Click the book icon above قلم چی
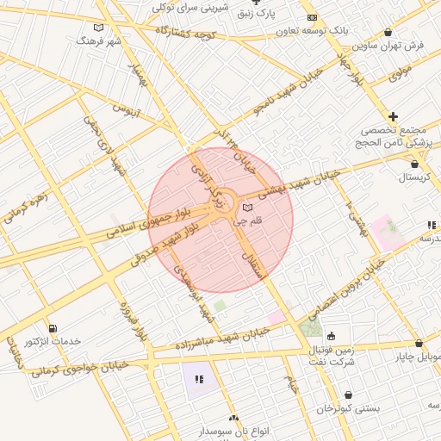pos(249,208)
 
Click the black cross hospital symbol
pos(394,116)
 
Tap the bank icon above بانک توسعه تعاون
pos(312,17)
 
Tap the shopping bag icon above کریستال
pos(415,164)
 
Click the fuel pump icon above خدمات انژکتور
pos(53,329)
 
